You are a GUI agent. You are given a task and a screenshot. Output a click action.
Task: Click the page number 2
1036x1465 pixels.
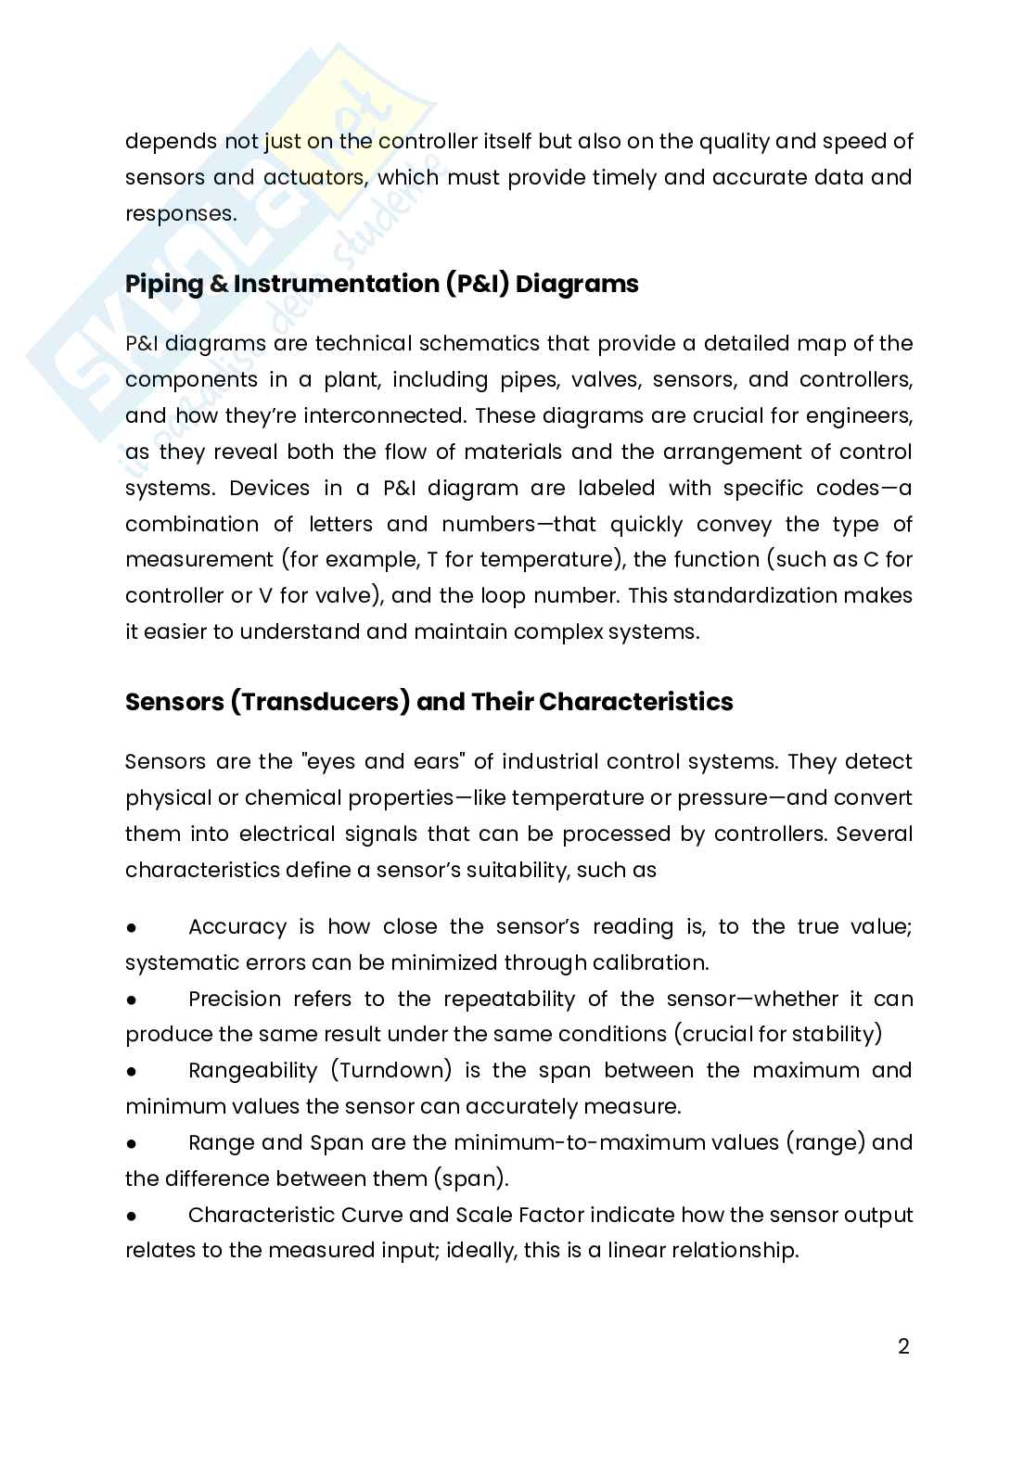tap(903, 1346)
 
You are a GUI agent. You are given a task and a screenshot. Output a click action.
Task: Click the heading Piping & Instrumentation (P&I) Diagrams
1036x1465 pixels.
tap(381, 284)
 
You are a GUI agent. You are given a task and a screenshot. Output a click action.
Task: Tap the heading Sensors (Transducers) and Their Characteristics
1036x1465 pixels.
tap(428, 702)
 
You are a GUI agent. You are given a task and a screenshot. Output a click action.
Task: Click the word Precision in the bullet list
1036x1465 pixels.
tap(234, 1000)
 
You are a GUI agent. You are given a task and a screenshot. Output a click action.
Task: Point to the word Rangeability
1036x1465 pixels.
tap(252, 1071)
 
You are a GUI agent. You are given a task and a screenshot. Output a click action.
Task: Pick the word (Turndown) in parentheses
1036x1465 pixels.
tap(390, 1071)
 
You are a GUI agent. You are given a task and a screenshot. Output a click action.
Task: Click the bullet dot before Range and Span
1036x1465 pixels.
tap(132, 1143)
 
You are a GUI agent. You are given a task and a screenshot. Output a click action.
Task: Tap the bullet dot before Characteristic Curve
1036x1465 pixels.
tap(132, 1216)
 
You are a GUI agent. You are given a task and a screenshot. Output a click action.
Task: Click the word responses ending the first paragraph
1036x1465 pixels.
tap(179, 213)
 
